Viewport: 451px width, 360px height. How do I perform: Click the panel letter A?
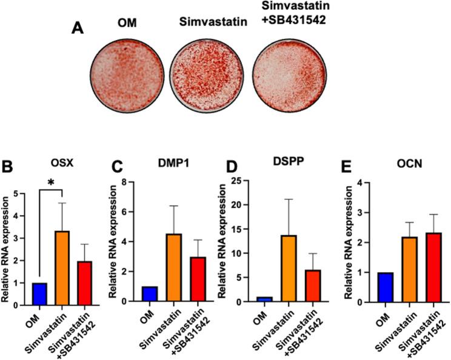[x=78, y=27]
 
